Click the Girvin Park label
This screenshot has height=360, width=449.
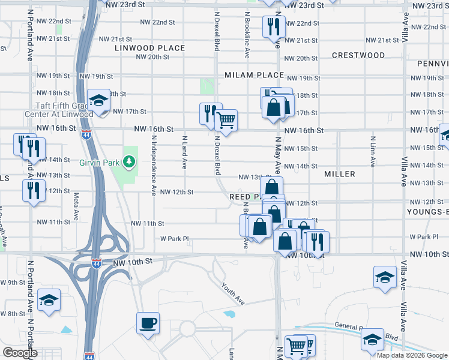click(100, 162)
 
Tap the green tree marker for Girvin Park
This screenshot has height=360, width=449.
click(128, 161)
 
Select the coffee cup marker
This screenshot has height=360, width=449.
click(148, 323)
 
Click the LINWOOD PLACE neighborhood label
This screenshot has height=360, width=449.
click(150, 48)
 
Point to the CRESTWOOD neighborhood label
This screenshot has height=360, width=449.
click(358, 55)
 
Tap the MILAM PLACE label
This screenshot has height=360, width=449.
click(254, 75)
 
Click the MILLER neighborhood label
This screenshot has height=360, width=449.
click(340, 174)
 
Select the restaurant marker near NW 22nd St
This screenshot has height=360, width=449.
click(272, 26)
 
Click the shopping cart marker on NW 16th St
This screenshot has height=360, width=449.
click(226, 121)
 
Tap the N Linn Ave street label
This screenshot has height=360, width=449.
click(373, 152)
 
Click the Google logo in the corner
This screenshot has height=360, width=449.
click(20, 353)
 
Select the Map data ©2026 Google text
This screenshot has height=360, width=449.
click(412, 355)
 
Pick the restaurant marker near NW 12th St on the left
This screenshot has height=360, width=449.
click(32, 190)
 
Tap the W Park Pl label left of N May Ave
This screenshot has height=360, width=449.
click(175, 238)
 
